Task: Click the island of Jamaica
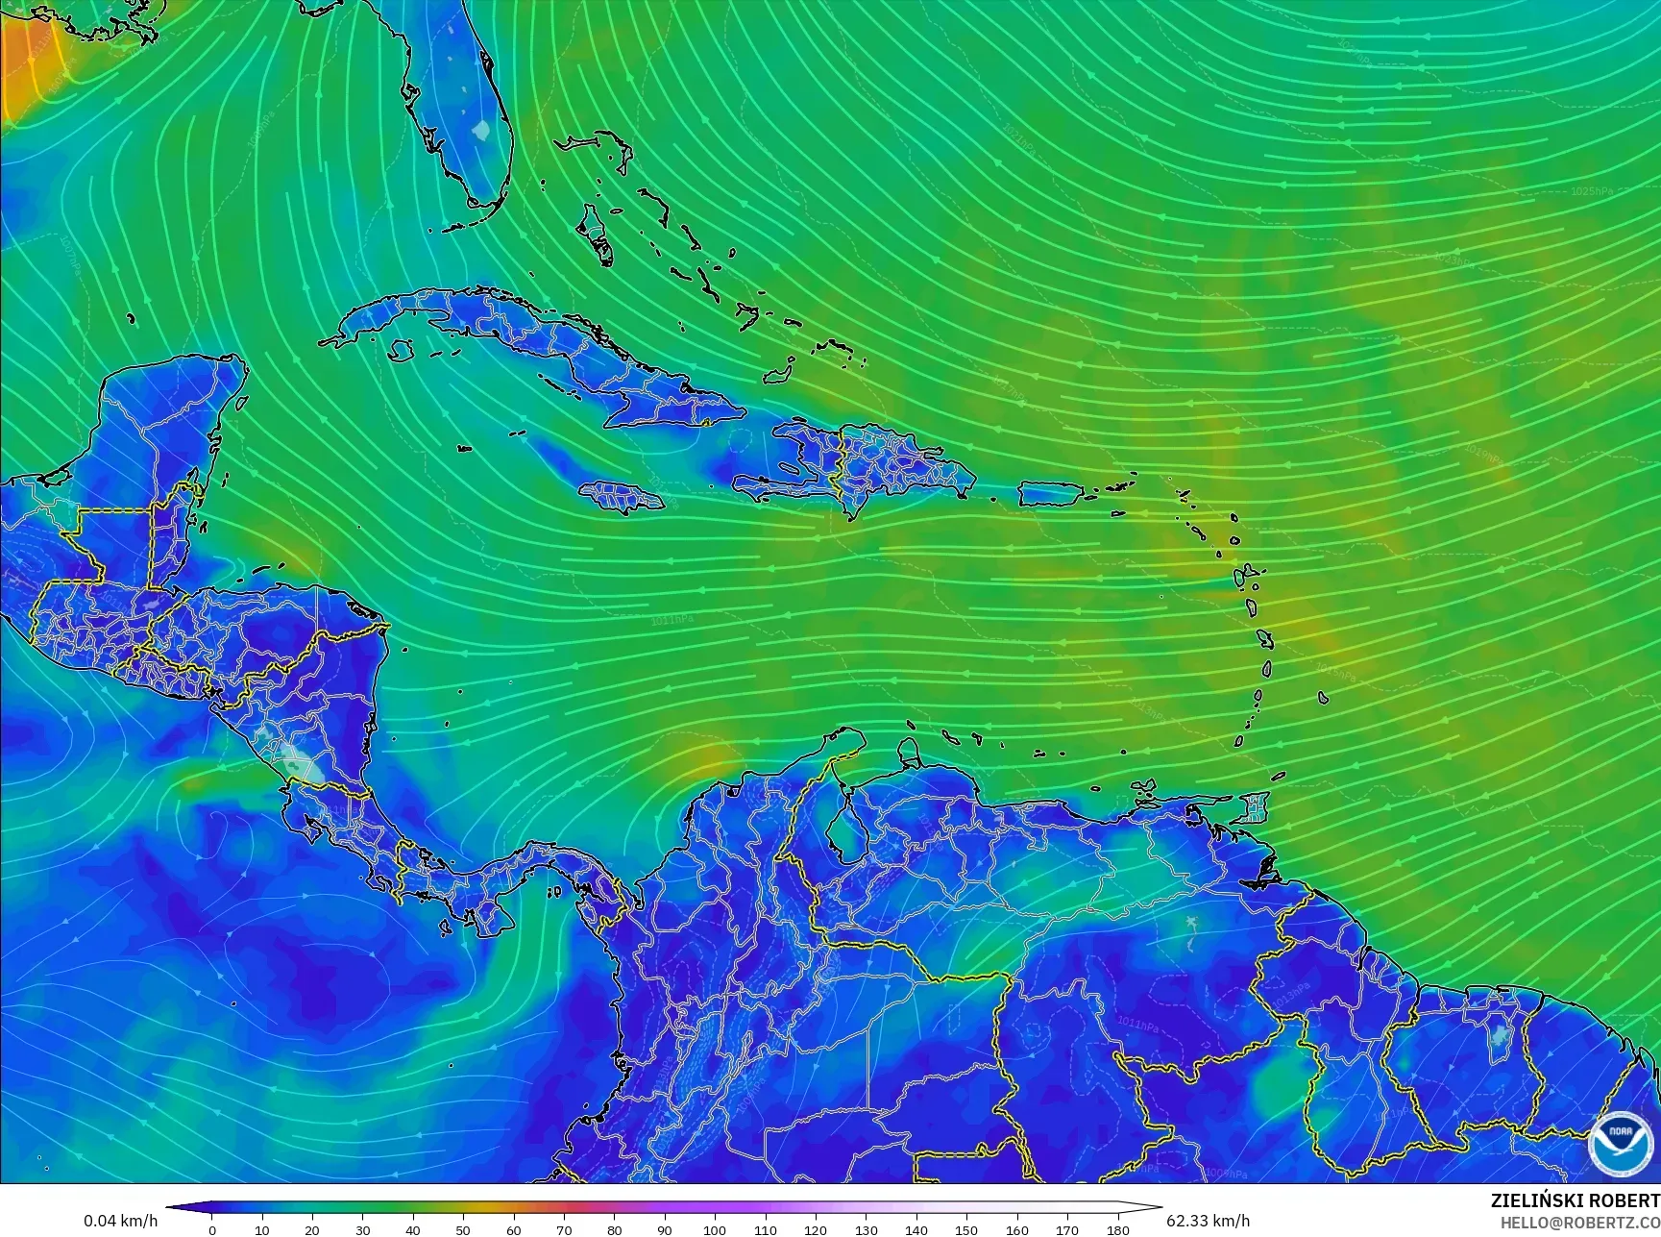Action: point(621,496)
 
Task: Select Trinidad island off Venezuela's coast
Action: point(1255,806)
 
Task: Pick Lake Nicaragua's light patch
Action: point(302,763)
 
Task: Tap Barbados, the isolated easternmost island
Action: point(1324,698)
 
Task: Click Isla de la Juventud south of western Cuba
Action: point(402,352)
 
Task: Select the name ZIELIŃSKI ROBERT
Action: point(1575,1200)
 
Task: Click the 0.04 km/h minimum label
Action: point(120,1221)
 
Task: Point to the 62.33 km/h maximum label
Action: point(1208,1221)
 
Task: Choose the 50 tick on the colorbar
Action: point(463,1229)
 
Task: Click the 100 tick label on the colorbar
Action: point(715,1229)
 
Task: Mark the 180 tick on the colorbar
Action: point(1117,1229)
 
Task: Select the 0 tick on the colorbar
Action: point(212,1229)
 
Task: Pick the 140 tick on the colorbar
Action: point(916,1229)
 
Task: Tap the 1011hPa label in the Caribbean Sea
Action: point(672,620)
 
